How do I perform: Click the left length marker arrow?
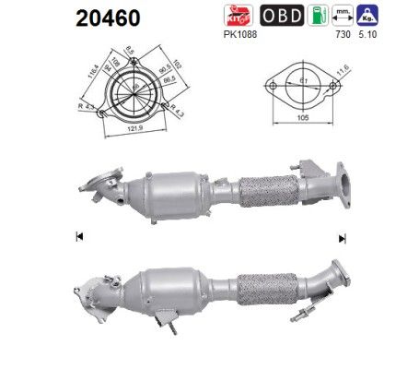(78, 238)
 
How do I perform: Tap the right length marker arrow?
(342, 238)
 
